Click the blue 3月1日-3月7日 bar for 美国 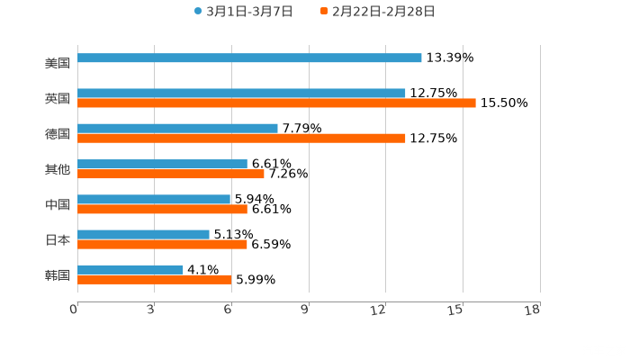coord(249,58)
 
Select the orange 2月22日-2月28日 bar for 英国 coord(276,103)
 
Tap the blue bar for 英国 coord(241,93)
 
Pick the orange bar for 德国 coord(241,138)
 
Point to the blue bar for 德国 coord(177,128)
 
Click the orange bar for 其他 coord(171,174)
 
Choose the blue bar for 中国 coord(154,199)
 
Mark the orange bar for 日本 coord(162,244)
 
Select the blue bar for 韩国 coord(130,269)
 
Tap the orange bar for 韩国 coord(154,279)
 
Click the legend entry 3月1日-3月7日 coord(243,12)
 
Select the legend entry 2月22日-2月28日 coord(377,12)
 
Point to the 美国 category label coord(58,63)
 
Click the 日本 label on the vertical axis coord(58,239)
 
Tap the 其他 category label coord(58,169)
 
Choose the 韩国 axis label coord(58,274)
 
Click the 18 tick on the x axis coord(532,310)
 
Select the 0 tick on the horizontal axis coord(75,310)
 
